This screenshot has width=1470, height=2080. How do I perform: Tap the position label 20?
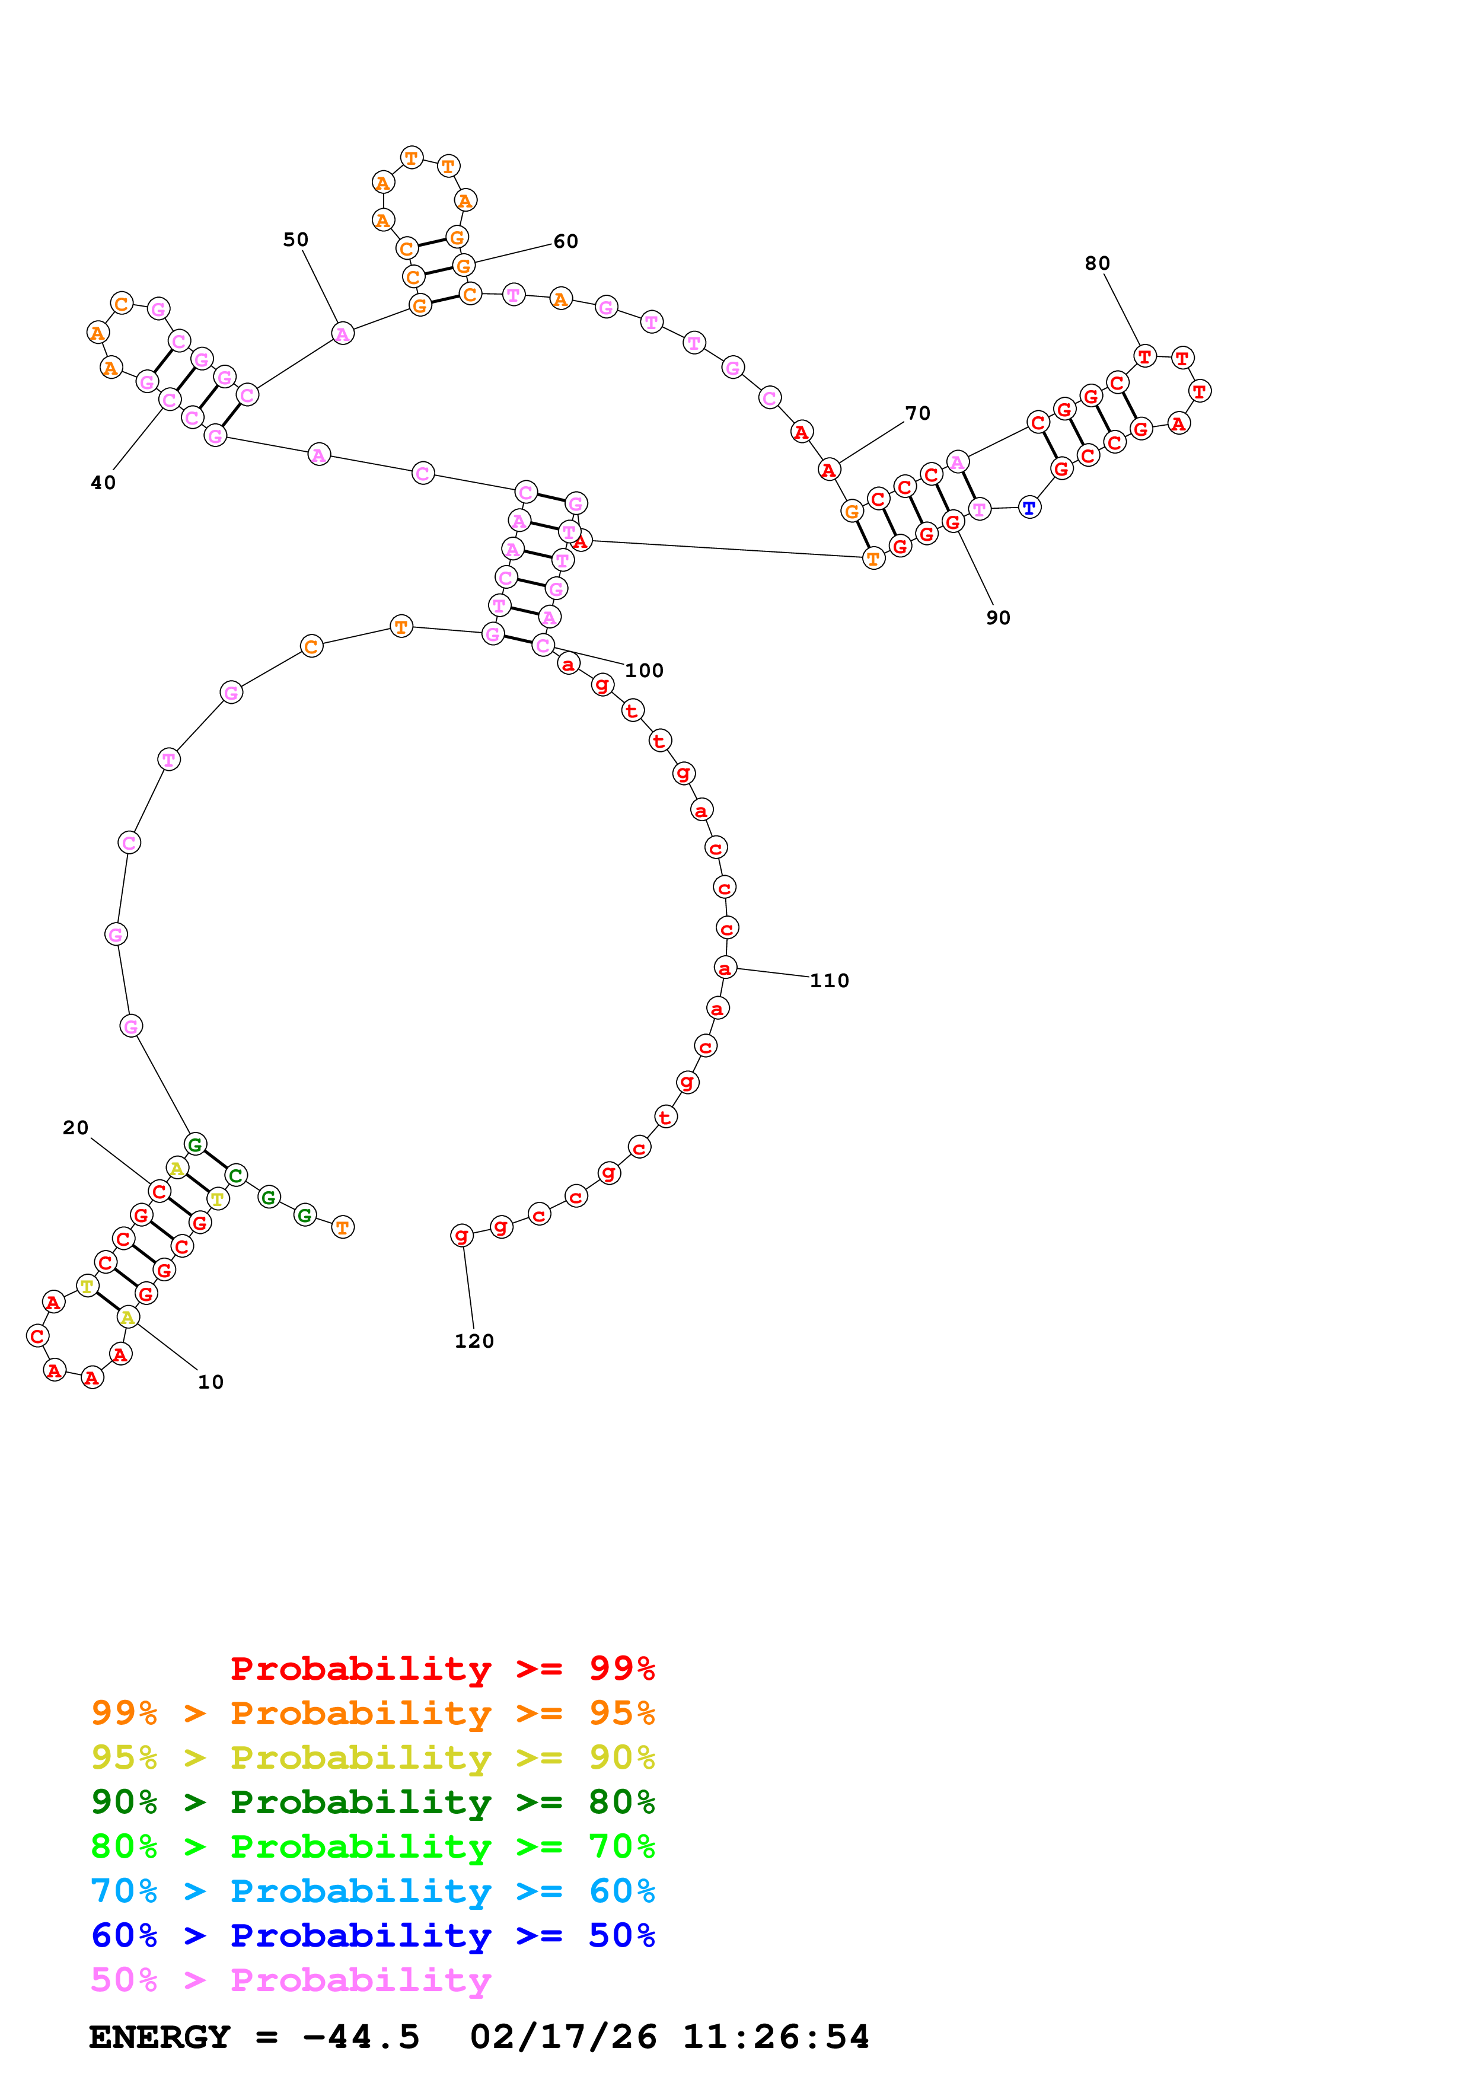[x=75, y=1127]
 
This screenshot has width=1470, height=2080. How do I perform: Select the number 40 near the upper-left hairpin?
[x=103, y=483]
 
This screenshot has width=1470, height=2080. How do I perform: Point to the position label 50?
[x=295, y=239]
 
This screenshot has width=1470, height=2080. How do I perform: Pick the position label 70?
[x=917, y=413]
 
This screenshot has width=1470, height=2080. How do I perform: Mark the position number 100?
[x=644, y=671]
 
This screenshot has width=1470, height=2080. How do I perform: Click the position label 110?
[x=829, y=980]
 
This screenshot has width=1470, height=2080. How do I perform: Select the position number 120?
[x=474, y=1341]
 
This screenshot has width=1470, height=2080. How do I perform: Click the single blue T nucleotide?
[x=1029, y=508]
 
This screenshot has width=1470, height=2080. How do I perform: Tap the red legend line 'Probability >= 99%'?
[x=442, y=1669]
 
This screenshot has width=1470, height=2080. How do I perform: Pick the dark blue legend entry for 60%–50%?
[x=372, y=1935]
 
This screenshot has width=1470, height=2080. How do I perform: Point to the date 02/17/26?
[x=563, y=2037]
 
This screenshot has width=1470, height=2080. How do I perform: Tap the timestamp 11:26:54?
[x=775, y=2037]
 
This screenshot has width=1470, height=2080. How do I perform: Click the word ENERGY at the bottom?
[x=160, y=2037]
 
